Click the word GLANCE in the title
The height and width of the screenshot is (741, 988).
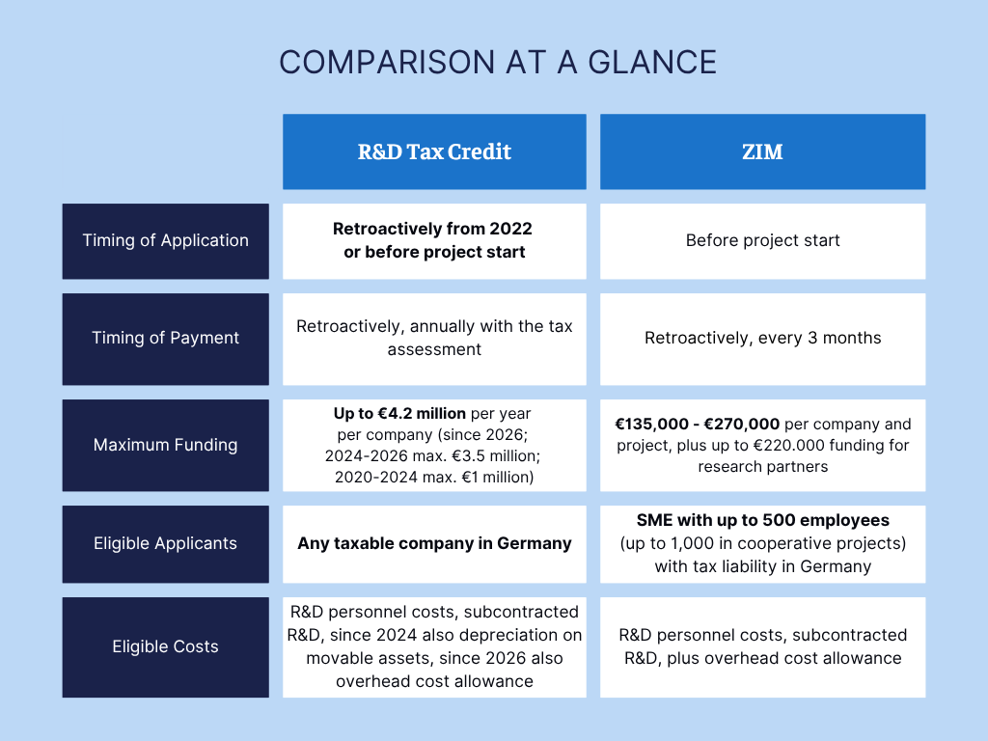[x=652, y=63]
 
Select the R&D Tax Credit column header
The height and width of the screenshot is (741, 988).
[x=434, y=151]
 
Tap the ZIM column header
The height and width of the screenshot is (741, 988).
[x=762, y=151]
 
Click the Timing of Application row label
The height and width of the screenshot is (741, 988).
[x=166, y=240]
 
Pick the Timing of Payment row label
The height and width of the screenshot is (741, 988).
[x=166, y=339]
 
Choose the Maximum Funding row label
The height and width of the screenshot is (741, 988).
[x=166, y=445]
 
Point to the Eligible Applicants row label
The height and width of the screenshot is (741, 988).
[x=166, y=544]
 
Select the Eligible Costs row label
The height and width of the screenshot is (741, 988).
[x=166, y=647]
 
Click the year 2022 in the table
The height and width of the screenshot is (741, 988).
[x=510, y=229]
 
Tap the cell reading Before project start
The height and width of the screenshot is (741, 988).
[x=762, y=240]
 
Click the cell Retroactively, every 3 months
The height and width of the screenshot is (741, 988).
[x=762, y=339]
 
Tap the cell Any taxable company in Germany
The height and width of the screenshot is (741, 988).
[x=434, y=544]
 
